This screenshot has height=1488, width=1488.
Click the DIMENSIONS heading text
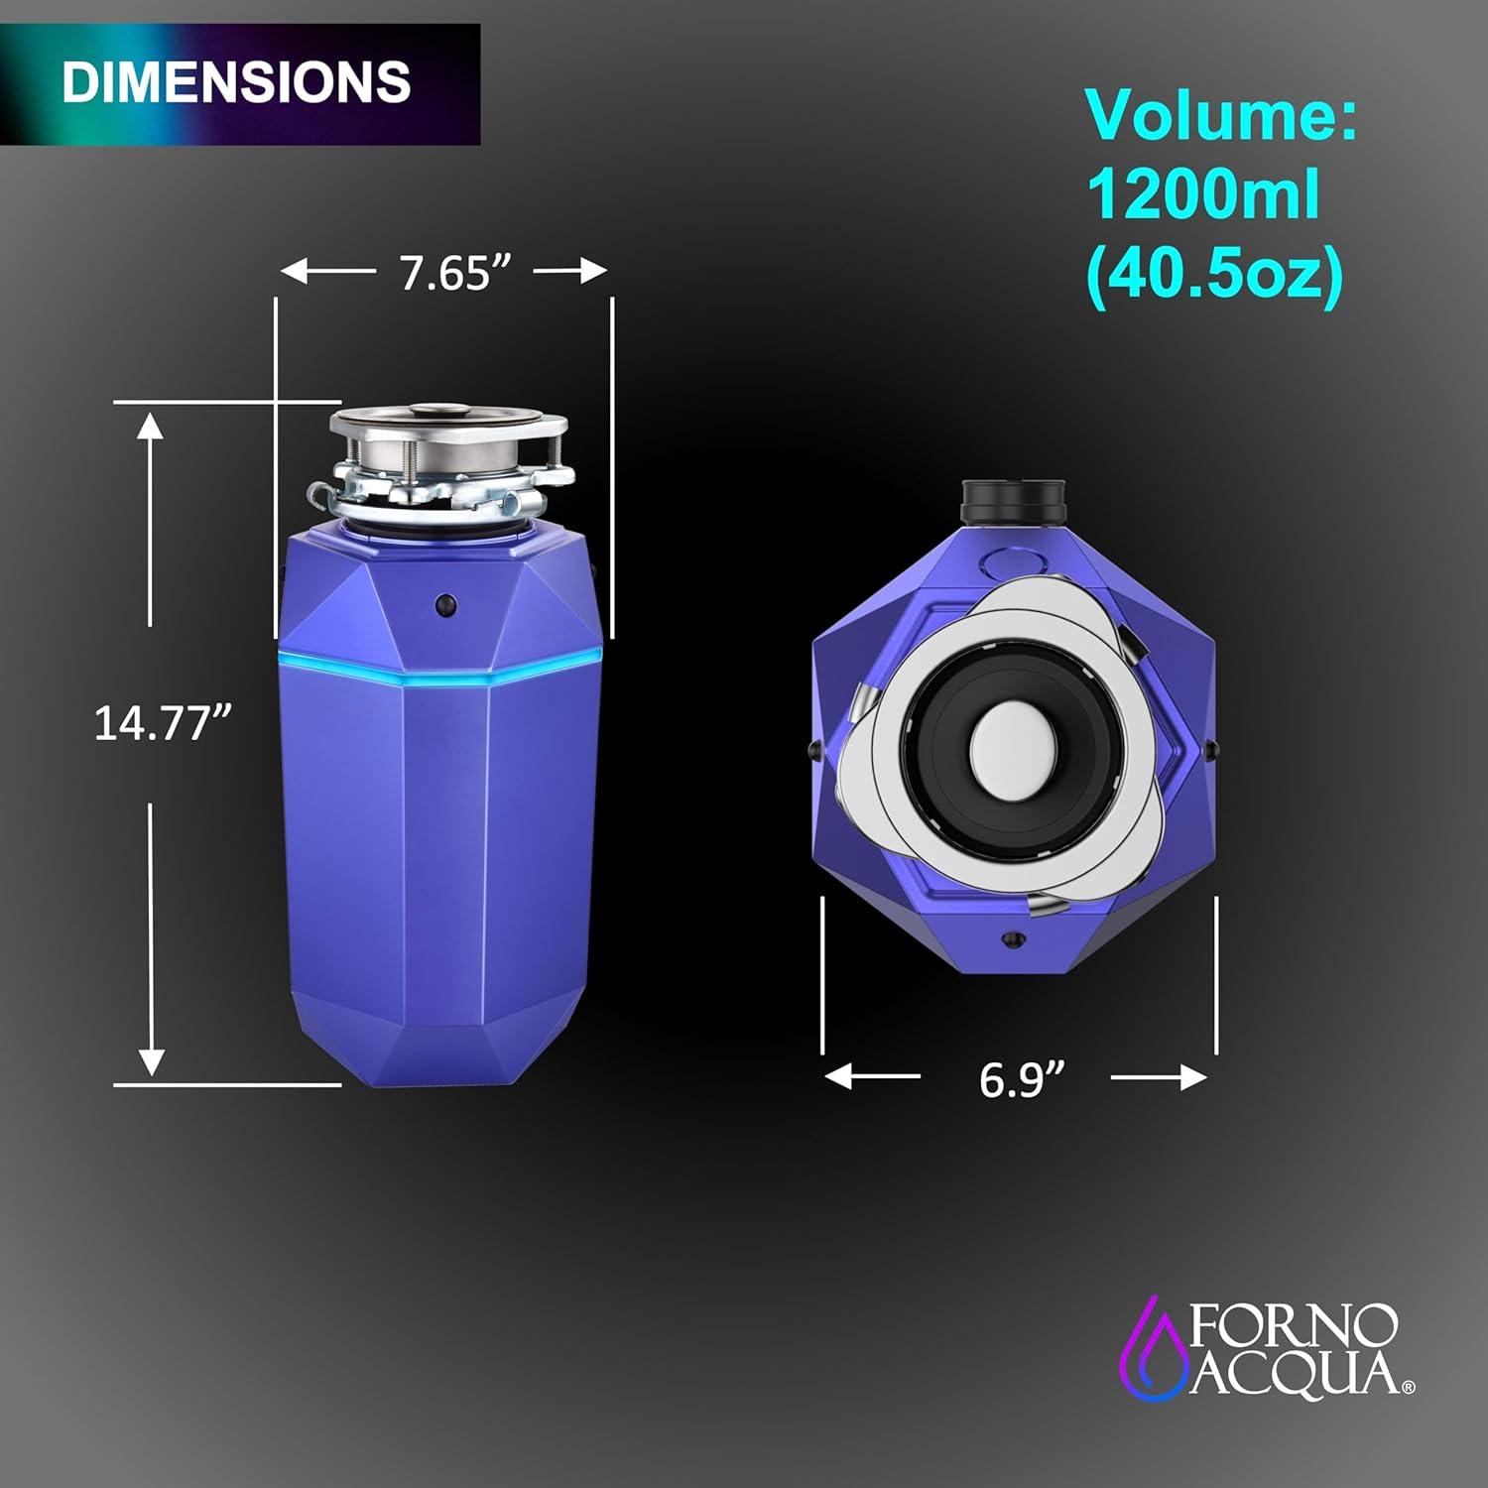pyautogui.click(x=236, y=81)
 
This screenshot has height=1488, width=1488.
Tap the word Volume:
pyautogui.click(x=1221, y=116)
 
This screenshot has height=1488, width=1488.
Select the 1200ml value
pyautogui.click(x=1204, y=193)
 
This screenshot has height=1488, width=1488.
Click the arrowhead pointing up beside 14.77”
pyautogui.click(x=150, y=427)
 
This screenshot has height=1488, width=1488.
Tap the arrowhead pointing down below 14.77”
pyautogui.click(x=151, y=1061)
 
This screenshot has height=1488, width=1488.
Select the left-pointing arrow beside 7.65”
pyautogui.click(x=328, y=271)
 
